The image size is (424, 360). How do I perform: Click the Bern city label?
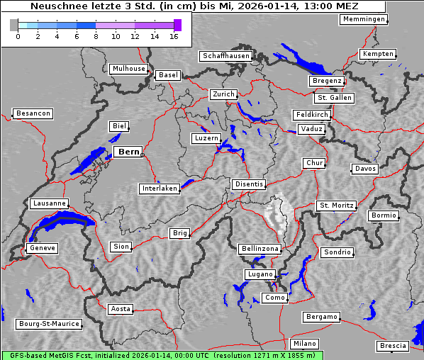pyautogui.click(x=128, y=152)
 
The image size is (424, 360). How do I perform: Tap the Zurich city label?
pyautogui.click(x=223, y=94)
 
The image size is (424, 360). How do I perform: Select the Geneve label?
pyautogui.click(x=42, y=248)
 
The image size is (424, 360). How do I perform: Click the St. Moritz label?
pyautogui.click(x=336, y=206)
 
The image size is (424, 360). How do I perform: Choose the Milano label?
pyautogui.click(x=305, y=343)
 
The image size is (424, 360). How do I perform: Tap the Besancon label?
pyautogui.click(x=33, y=113)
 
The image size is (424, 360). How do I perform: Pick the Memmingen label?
pyautogui.click(x=364, y=19)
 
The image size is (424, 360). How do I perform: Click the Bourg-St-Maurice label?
pyautogui.click(x=49, y=324)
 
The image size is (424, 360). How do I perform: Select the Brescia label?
pyautogui.click(x=393, y=346)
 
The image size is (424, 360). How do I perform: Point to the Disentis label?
pyautogui.click(x=249, y=184)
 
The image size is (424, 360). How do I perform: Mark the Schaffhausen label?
pyautogui.click(x=225, y=55)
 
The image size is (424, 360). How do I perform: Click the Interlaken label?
pyautogui.click(x=160, y=189)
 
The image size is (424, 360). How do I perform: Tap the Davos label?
pyautogui.click(x=366, y=169)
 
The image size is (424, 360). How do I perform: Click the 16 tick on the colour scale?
pyautogui.click(x=174, y=35)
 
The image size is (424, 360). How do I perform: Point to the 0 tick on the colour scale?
pyautogui.click(x=17, y=35)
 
